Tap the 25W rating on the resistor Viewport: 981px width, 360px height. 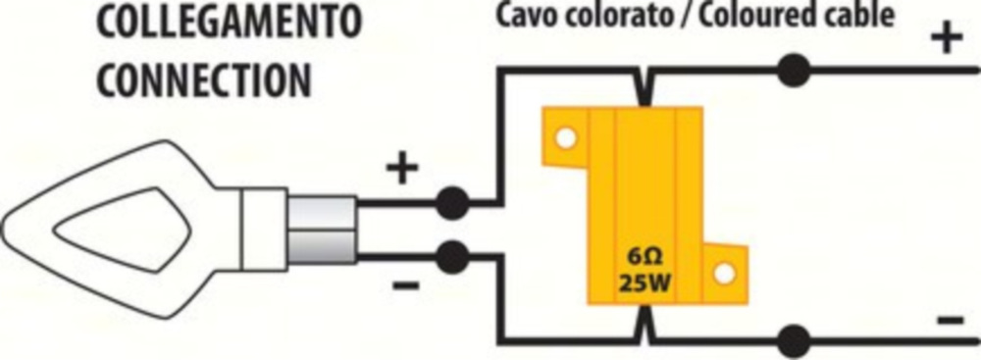tap(643, 285)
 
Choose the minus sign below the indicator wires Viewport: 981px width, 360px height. tap(406, 286)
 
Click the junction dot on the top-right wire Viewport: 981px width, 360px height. tap(795, 70)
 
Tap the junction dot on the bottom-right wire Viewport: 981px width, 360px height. tap(795, 341)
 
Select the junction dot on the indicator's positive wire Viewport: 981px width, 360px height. tap(451, 203)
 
